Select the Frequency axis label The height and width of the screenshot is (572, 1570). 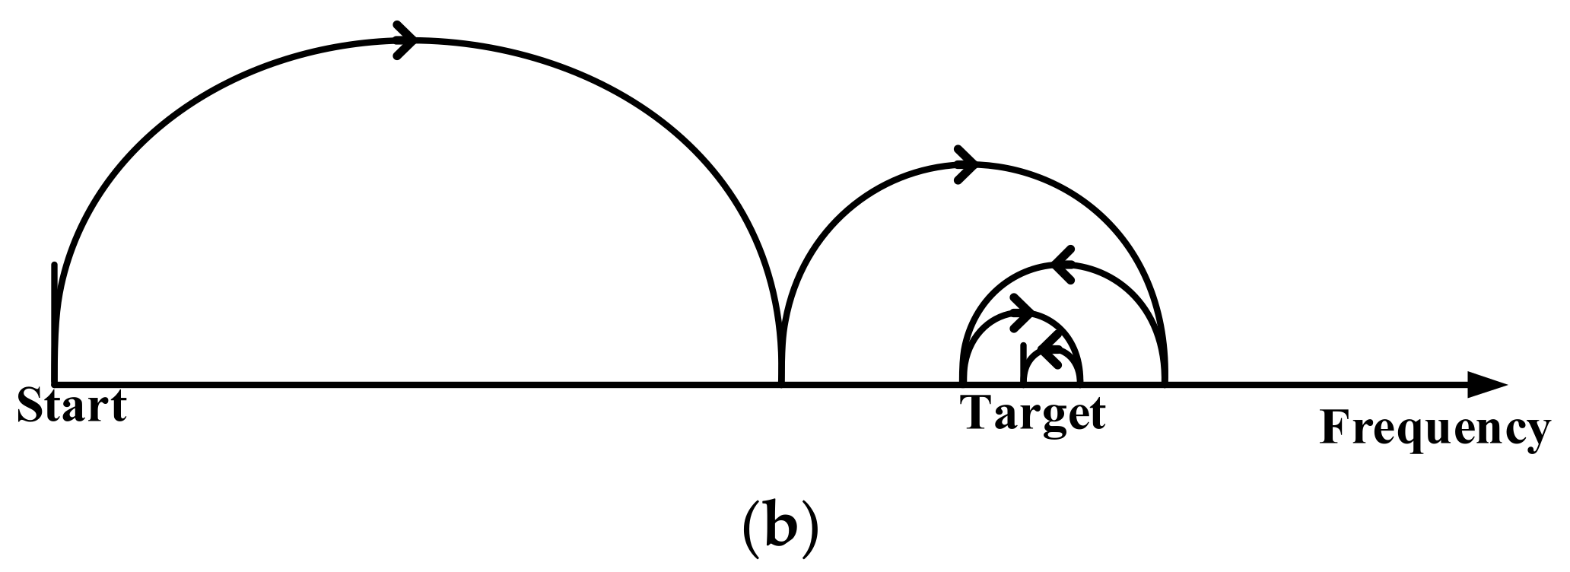tap(1434, 431)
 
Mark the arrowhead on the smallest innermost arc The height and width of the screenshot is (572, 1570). tap(1050, 351)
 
